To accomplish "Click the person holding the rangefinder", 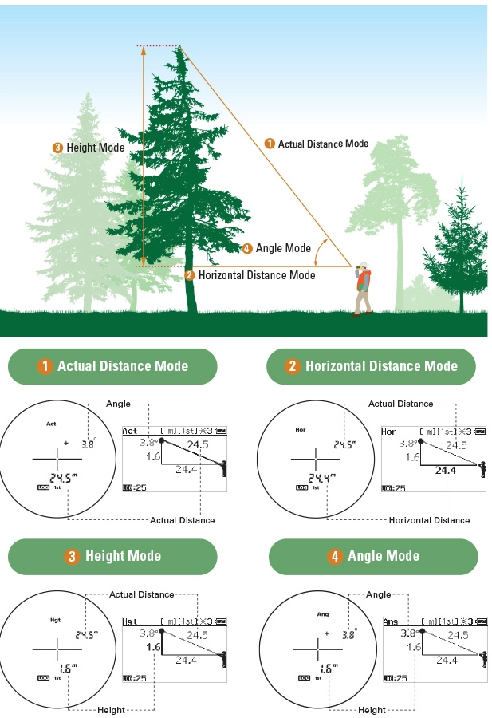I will [x=363, y=289].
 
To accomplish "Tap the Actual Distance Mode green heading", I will [x=112, y=366].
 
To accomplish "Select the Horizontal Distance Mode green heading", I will [x=371, y=366].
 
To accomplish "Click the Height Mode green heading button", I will [x=112, y=556].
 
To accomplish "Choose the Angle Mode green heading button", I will [x=373, y=556].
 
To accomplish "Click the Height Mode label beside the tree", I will [x=89, y=148].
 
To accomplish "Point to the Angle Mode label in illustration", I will [x=277, y=248].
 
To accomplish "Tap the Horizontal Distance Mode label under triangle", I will [x=250, y=275].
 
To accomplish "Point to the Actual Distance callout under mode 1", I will [x=182, y=520].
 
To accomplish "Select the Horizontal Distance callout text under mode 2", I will [x=429, y=520].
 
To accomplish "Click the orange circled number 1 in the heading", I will [x=45, y=366].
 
